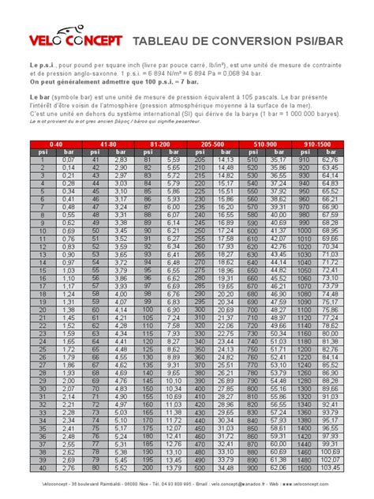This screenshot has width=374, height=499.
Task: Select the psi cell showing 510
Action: coord(252,160)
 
